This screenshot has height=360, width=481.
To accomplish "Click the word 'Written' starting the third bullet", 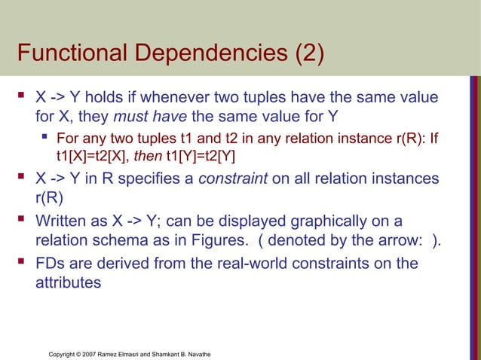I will pos(63,221).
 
